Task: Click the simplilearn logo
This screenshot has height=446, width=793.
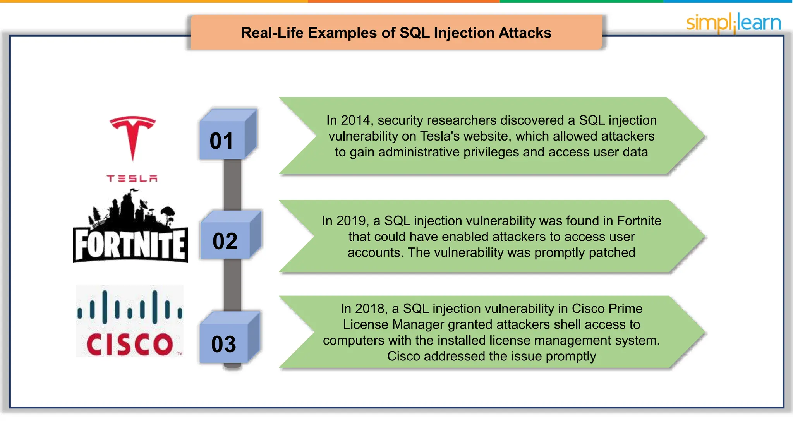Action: coord(733,22)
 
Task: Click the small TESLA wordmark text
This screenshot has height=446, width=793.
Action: coord(132,178)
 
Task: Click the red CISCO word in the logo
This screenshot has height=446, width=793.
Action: coord(130,345)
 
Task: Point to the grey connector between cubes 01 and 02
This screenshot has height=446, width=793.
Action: coord(232,185)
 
